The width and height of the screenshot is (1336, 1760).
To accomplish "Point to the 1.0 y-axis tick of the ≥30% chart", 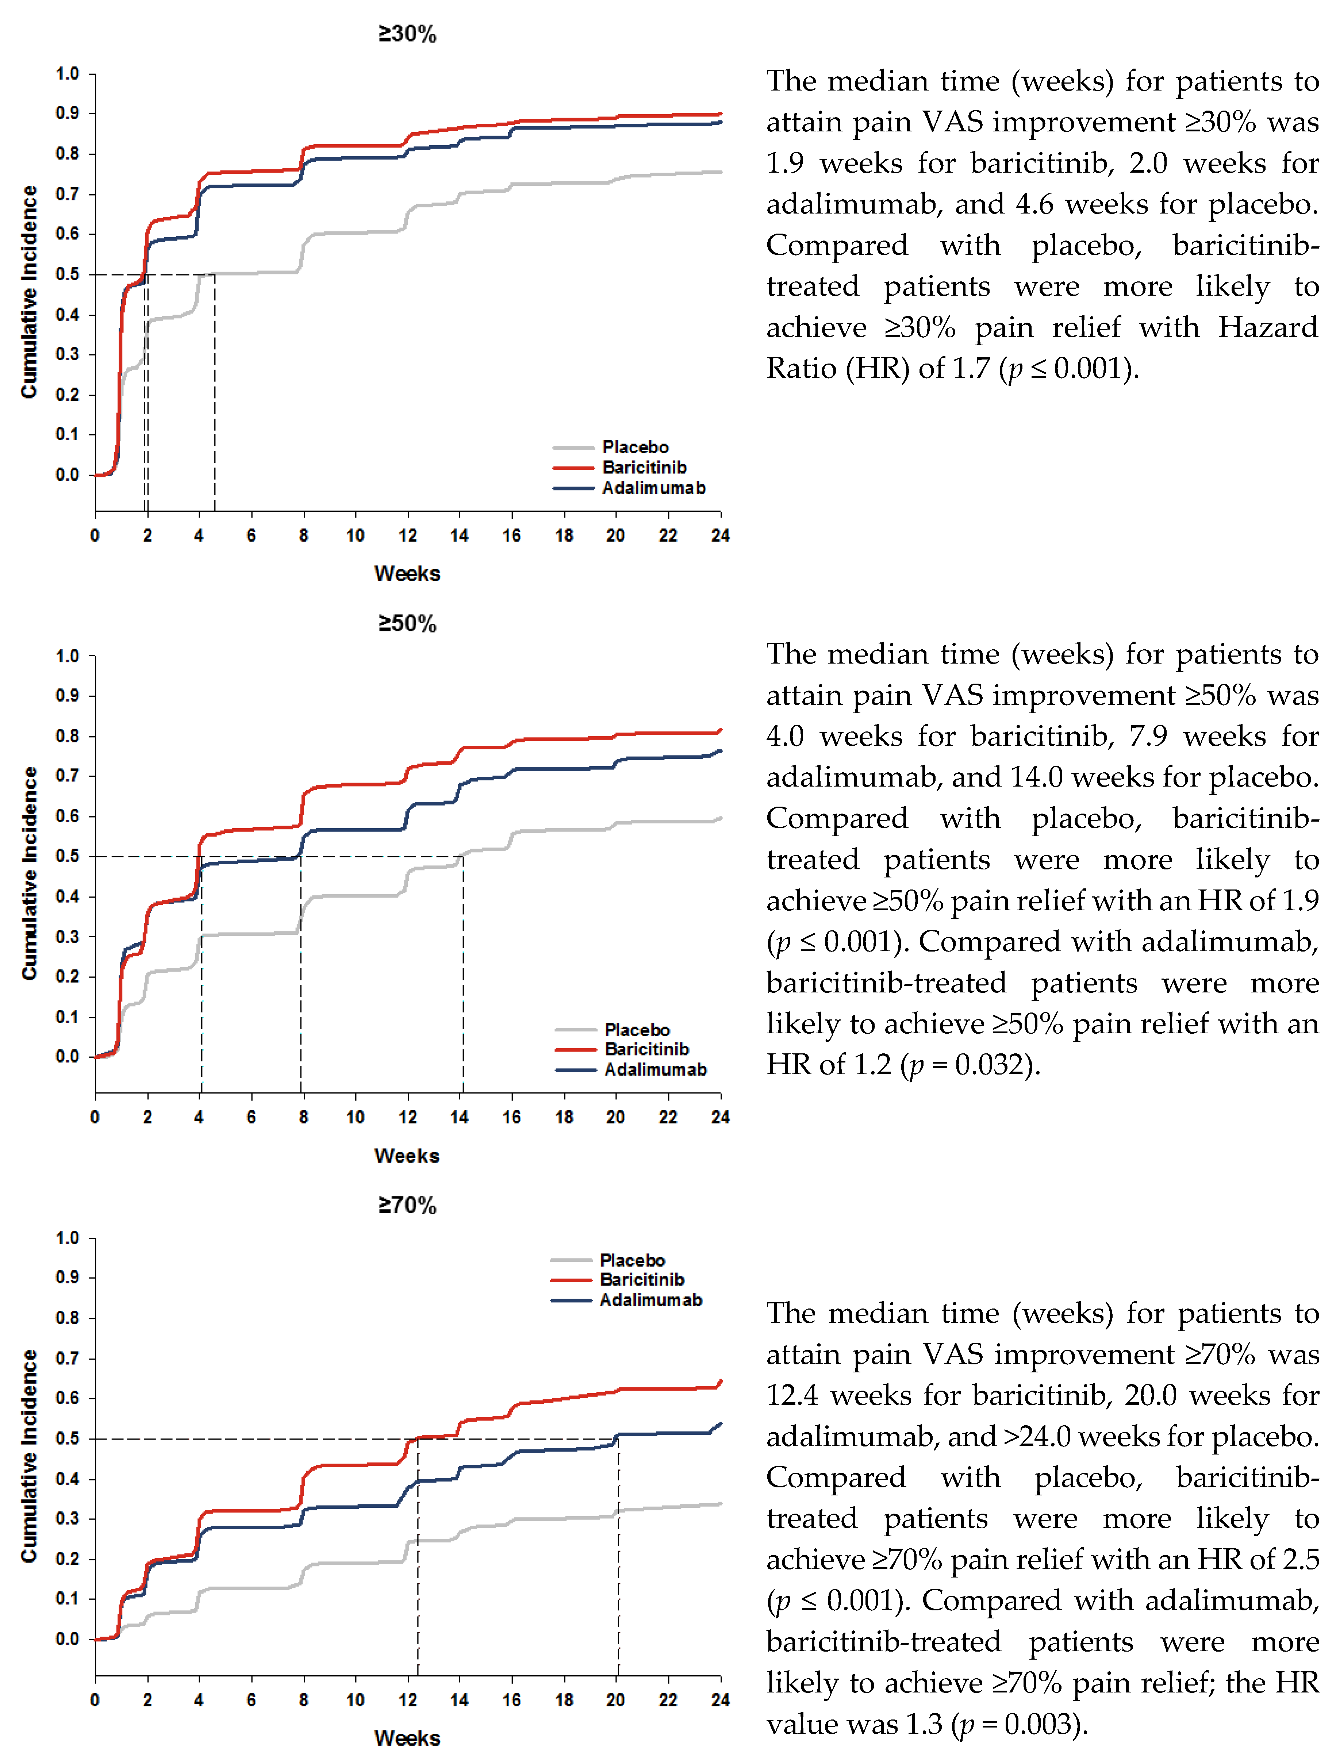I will tap(68, 74).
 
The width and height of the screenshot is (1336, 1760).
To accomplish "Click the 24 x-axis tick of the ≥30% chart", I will tap(720, 535).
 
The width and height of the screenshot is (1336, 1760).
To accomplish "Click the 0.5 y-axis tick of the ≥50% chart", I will tap(68, 856).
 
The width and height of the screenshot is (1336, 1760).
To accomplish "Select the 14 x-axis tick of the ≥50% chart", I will tap(459, 1117).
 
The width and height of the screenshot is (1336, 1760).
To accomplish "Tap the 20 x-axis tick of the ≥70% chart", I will tap(615, 1701).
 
